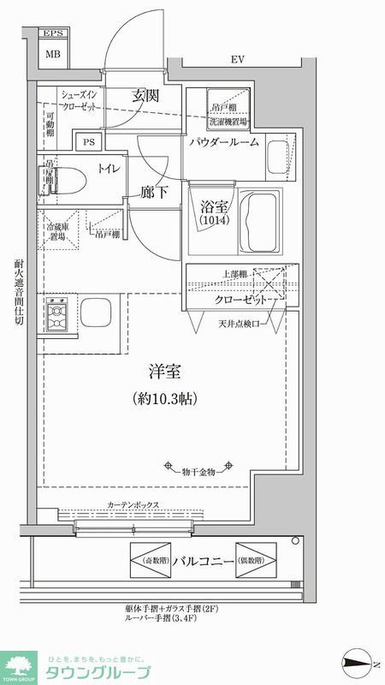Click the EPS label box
[53, 34]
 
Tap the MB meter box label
[53, 53]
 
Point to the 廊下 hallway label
[154, 193]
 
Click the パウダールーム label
[224, 143]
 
